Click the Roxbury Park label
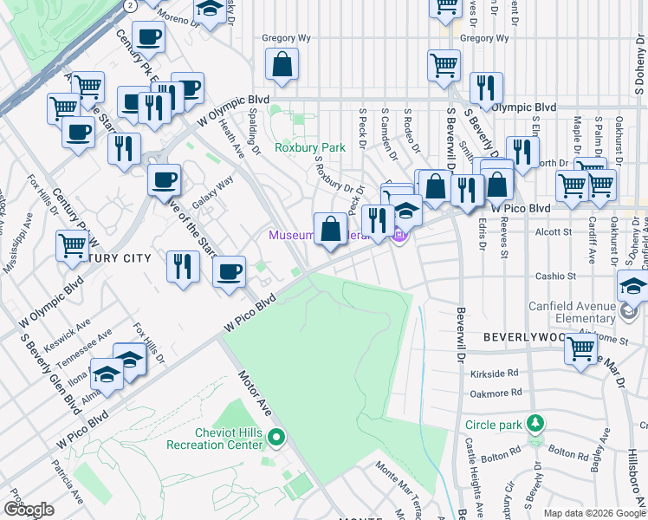[x=310, y=147]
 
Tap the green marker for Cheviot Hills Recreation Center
[x=276, y=437]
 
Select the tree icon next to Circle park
[x=536, y=424]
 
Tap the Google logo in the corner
[x=29, y=510]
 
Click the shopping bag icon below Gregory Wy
[x=282, y=64]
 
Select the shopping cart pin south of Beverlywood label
[x=580, y=348]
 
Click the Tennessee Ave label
[x=92, y=344]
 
